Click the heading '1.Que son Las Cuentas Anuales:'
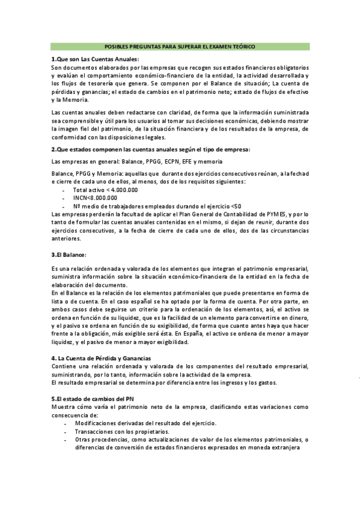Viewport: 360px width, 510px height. (x=95, y=59)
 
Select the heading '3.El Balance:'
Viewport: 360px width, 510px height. (x=69, y=254)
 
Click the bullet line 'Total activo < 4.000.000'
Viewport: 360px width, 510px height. (x=105, y=189)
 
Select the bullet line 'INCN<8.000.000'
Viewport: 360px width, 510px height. (x=95, y=197)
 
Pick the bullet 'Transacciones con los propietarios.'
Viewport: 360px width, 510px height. (x=122, y=431)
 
